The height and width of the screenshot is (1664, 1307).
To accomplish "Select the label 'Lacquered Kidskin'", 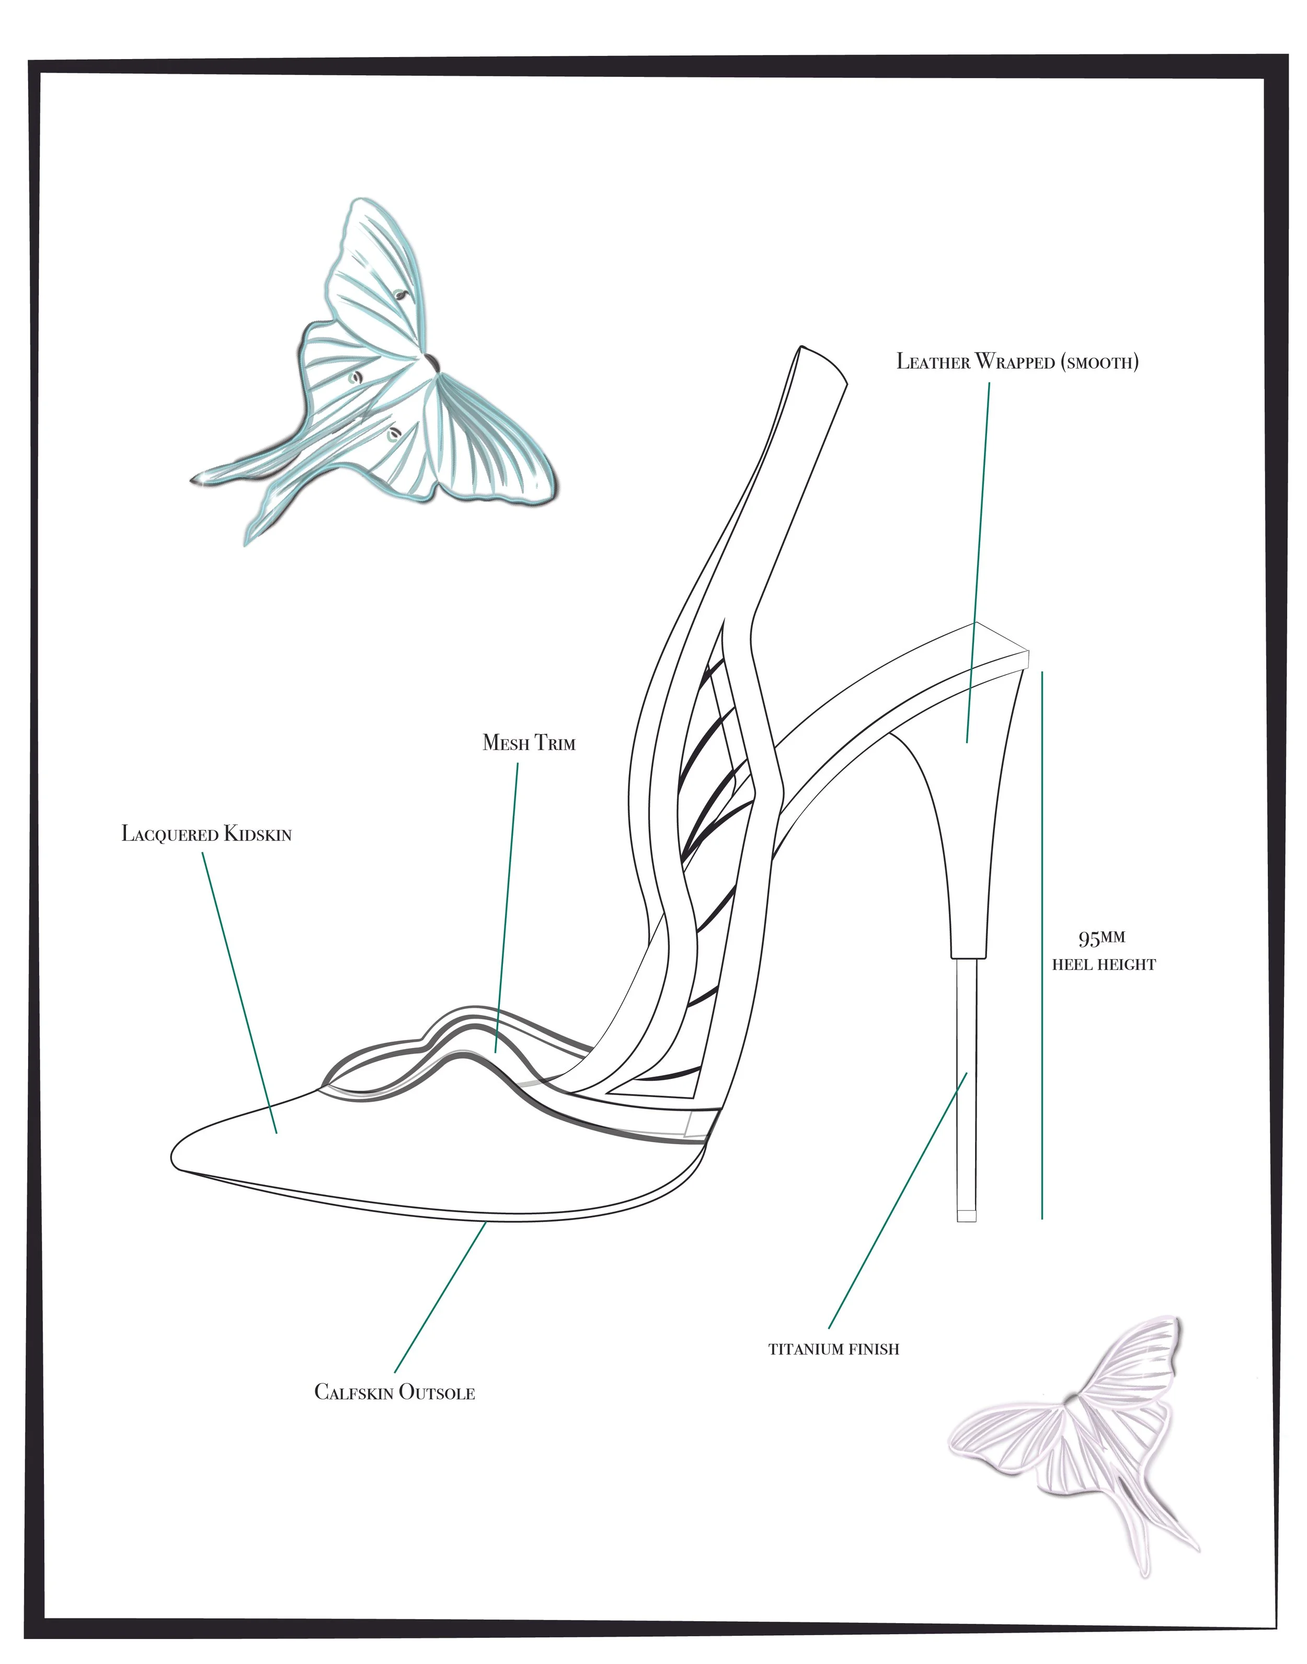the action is pyautogui.click(x=207, y=834).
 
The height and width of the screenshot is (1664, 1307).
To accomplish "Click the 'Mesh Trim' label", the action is pyautogui.click(x=529, y=743).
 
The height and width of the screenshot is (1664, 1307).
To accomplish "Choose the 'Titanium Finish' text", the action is pyautogui.click(x=833, y=1349).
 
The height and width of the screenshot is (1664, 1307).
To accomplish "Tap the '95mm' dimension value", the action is pyautogui.click(x=1101, y=938).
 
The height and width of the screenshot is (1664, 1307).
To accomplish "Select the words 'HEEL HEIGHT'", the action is pyautogui.click(x=1104, y=965).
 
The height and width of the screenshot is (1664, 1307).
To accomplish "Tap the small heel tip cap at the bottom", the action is pyautogui.click(x=967, y=1215).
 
